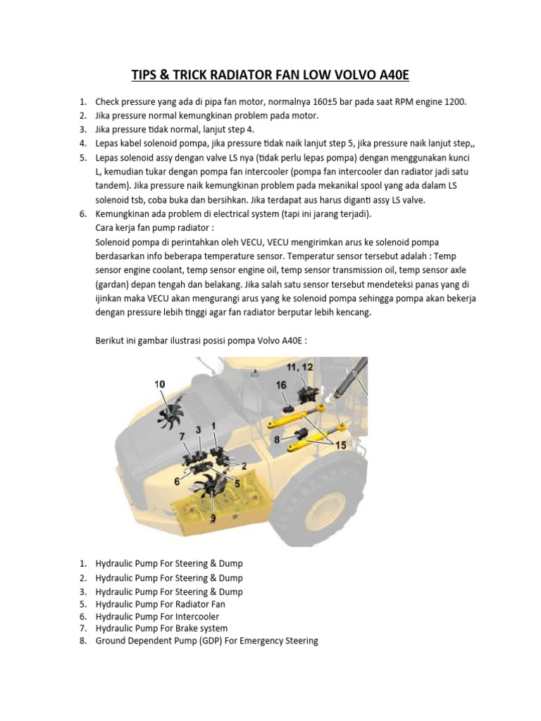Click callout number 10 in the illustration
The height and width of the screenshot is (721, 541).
tap(160, 384)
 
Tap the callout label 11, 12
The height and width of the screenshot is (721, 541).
tap(299, 367)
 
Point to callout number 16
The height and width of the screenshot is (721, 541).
tap(281, 385)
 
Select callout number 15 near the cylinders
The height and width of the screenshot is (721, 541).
tap(340, 445)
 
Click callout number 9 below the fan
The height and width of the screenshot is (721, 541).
tap(213, 518)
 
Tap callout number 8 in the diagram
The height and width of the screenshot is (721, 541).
tap(277, 439)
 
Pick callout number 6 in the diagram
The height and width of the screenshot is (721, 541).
tap(177, 482)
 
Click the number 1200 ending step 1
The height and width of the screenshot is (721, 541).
tap(456, 101)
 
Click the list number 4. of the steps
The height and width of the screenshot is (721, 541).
tap(83, 144)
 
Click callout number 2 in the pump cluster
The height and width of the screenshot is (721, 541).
tap(244, 466)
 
